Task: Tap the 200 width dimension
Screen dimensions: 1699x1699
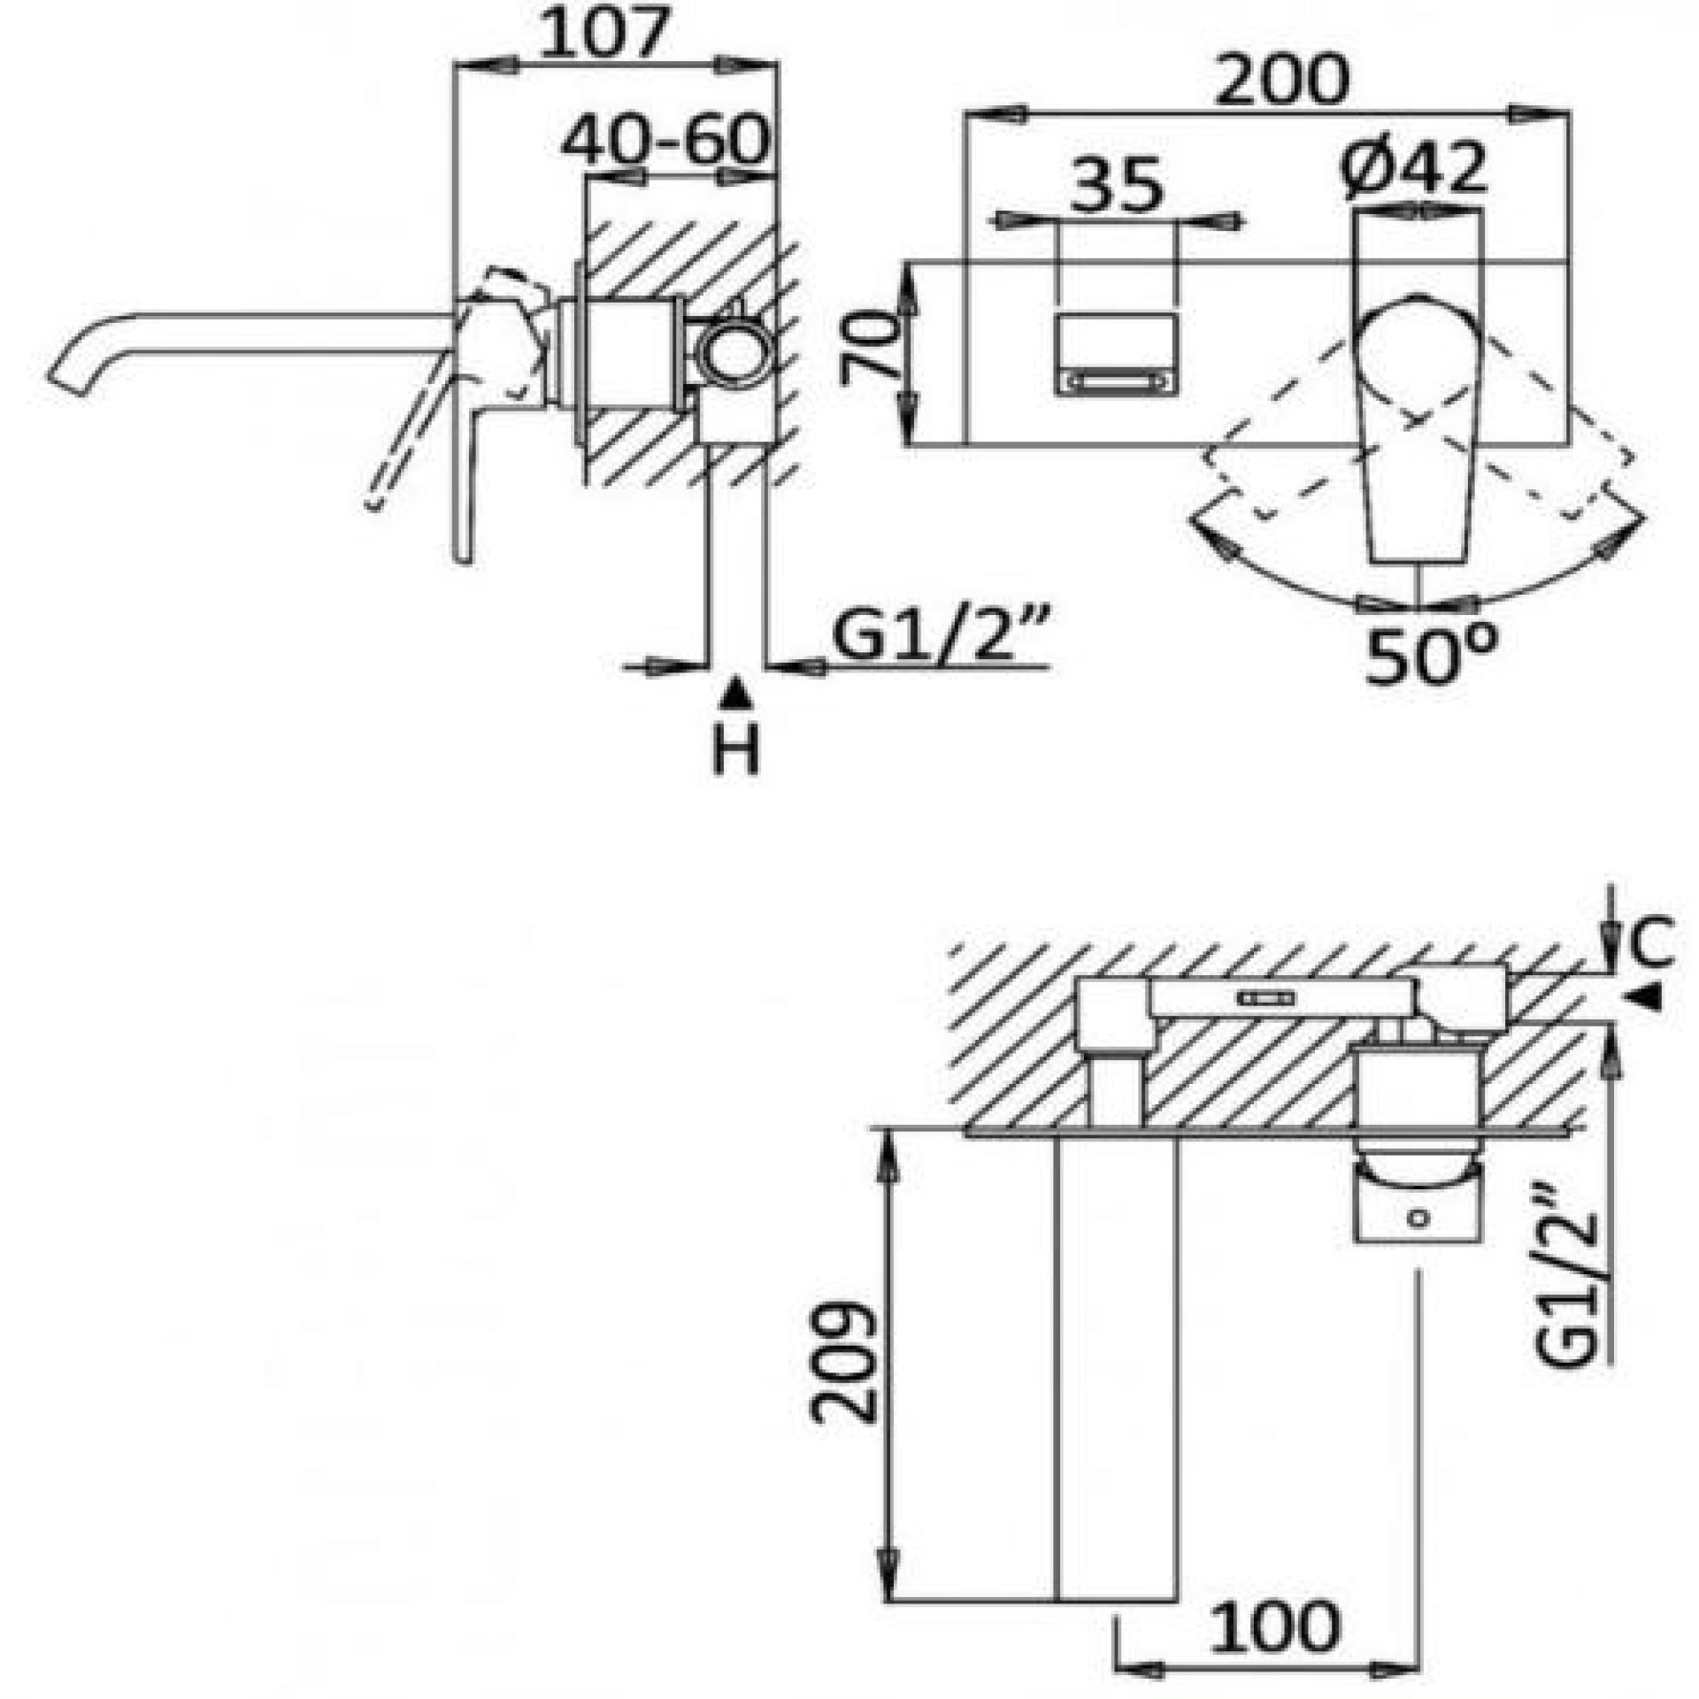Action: tap(1283, 80)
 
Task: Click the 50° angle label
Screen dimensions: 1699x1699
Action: tap(1432, 653)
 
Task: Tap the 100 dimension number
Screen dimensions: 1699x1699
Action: tap(1275, 1626)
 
